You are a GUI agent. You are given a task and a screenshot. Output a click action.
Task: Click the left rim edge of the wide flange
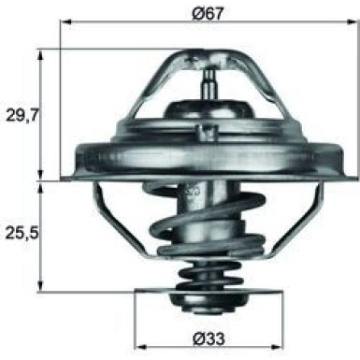tap(67, 155)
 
